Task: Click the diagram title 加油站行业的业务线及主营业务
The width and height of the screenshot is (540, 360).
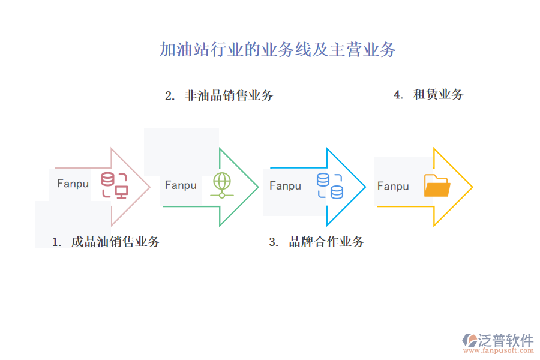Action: [277, 50]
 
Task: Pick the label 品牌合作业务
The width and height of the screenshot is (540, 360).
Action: [326, 242]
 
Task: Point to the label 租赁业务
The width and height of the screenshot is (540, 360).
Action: [438, 94]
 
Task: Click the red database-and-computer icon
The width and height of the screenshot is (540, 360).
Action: [114, 185]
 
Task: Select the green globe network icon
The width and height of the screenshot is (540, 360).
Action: [221, 185]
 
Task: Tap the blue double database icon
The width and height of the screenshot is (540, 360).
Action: [329, 185]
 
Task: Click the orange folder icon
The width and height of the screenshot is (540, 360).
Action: [437, 185]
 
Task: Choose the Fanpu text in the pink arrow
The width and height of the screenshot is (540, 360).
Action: [73, 184]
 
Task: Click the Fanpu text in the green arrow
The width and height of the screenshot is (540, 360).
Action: [181, 185]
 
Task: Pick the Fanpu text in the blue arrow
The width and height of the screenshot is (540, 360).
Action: [285, 186]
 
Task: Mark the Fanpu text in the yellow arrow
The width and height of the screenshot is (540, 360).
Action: [393, 187]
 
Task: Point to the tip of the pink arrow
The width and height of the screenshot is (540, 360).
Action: [149, 187]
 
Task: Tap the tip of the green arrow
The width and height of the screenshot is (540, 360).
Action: [258, 187]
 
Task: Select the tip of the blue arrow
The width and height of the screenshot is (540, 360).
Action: [365, 187]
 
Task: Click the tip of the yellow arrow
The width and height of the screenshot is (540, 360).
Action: [472, 187]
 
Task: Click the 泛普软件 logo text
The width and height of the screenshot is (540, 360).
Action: [505, 340]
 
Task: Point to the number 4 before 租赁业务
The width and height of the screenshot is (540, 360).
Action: [397, 95]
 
